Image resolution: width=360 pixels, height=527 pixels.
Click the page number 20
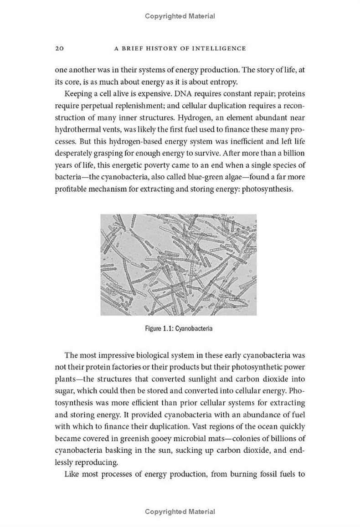click(60, 48)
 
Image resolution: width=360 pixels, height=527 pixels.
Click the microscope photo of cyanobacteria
click(179, 265)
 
